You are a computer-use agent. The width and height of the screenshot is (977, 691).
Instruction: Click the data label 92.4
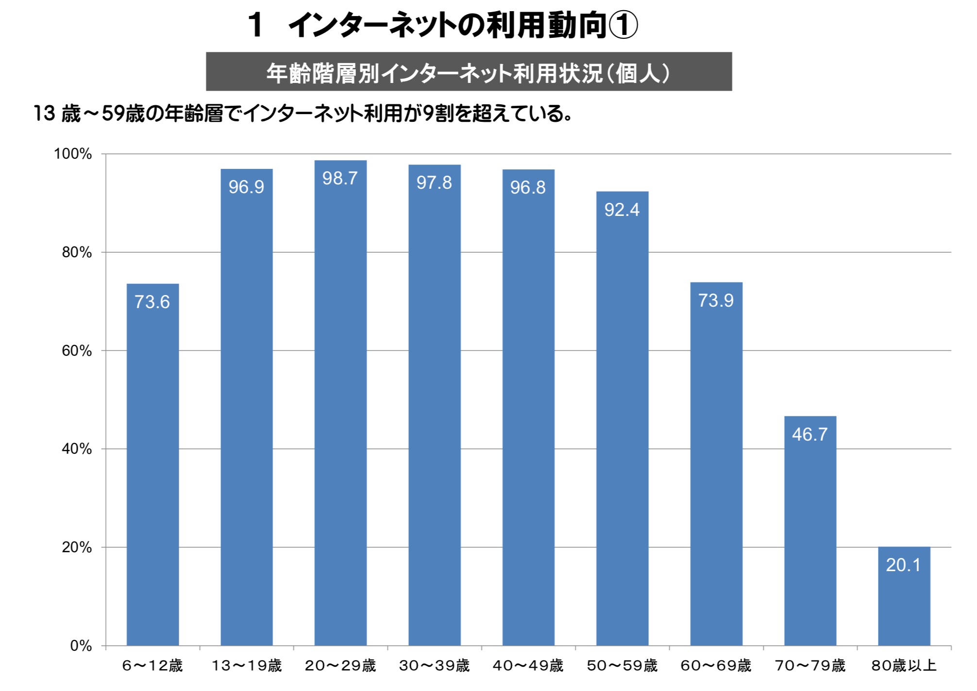point(622,210)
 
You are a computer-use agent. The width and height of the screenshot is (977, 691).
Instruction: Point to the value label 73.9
point(716,300)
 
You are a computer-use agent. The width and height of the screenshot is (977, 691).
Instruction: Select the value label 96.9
point(246,187)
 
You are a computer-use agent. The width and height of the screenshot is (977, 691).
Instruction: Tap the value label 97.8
point(434,182)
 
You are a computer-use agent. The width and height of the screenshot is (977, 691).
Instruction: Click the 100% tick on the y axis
point(73,154)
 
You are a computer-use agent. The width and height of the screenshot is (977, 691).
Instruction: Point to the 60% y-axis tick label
point(77,350)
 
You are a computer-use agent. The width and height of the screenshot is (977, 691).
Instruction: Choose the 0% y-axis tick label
point(81,645)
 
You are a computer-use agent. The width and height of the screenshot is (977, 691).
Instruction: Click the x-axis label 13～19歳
point(246,665)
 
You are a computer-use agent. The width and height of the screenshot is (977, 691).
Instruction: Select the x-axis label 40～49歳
point(528,665)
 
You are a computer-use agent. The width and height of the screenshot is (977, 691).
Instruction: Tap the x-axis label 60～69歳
point(716,665)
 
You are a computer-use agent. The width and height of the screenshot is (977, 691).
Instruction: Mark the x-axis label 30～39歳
point(434,665)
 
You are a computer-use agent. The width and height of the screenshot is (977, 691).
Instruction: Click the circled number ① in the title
point(623,25)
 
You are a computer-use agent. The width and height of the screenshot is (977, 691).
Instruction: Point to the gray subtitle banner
point(469,71)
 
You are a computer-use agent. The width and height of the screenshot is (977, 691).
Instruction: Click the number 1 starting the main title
point(255,25)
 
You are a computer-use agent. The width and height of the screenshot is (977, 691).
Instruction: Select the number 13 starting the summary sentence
point(44,114)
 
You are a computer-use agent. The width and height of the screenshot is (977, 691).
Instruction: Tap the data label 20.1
point(903,565)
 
